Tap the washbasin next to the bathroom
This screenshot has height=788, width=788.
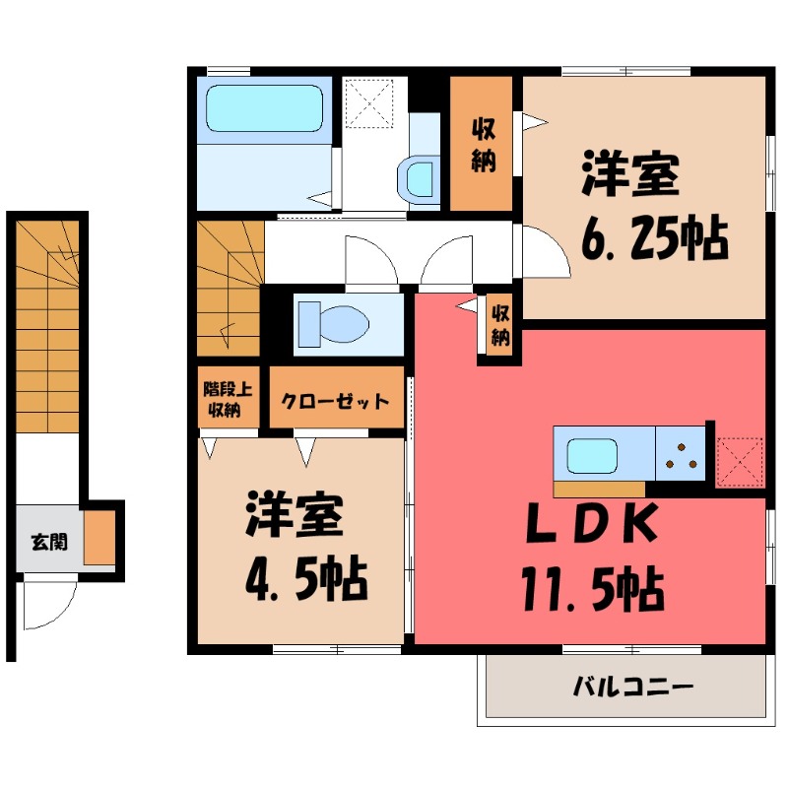tap(420, 179)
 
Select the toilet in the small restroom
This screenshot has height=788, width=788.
tap(333, 323)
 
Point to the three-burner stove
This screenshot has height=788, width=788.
tap(681, 454)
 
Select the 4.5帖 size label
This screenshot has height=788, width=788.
tap(305, 581)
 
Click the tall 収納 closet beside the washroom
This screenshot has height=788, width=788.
tap(482, 144)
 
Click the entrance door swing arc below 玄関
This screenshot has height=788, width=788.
tap(49, 606)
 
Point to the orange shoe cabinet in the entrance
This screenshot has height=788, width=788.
tap(99, 538)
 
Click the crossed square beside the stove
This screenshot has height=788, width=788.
tap(739, 460)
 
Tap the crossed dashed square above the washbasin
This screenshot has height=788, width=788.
tap(370, 103)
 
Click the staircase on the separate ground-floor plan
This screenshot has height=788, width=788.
tap(47, 325)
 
